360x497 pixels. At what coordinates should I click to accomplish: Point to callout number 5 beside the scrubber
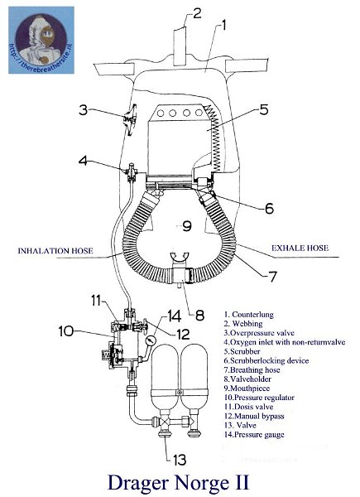point(263,109)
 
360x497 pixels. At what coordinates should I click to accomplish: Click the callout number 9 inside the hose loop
point(187,224)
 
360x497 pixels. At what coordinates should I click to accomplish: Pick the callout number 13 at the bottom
point(180,456)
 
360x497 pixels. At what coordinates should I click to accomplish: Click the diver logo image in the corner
point(41,39)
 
